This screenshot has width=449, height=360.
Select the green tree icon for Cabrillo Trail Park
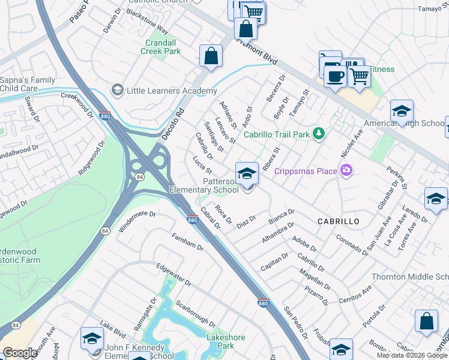tap(320, 134)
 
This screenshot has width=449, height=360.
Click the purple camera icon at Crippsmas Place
tap(346, 172)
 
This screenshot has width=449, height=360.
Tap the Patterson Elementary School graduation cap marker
tap(247, 175)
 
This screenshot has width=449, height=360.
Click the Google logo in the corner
tap(20, 353)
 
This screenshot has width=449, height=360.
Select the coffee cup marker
tap(335, 76)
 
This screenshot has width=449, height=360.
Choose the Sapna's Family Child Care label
tap(27, 84)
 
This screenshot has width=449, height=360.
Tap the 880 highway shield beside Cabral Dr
tap(192, 220)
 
